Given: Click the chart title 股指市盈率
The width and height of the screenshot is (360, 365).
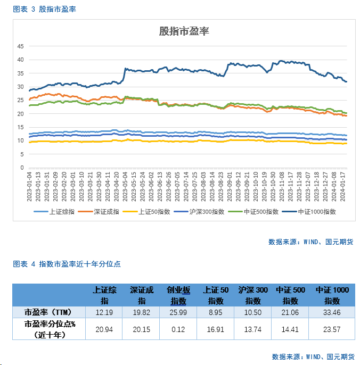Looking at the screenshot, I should (184, 31).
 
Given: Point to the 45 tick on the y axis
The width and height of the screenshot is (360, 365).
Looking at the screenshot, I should (21, 46).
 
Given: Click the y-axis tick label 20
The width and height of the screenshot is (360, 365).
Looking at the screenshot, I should (21, 114).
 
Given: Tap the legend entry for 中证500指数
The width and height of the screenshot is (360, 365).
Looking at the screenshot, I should (259, 211).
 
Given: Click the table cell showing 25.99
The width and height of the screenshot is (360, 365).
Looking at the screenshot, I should (178, 312).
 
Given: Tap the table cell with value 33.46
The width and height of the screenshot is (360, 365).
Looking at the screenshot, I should (332, 312).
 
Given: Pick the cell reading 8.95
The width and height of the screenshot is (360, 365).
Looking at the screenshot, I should (216, 312).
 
